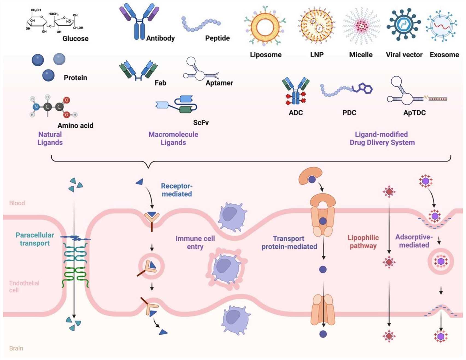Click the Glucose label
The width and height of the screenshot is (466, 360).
coord(75,39)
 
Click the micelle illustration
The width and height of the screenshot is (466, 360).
coord(361,26)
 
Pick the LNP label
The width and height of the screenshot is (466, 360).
coord(317,55)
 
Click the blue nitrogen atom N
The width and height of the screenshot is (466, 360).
coord(36,107)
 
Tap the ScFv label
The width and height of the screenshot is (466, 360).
coord(201,123)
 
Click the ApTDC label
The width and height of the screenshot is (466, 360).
coord(414,113)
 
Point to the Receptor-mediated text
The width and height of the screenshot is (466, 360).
coord(177,190)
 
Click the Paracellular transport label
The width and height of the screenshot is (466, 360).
coord(35,239)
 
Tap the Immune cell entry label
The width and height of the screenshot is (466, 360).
coord(195,242)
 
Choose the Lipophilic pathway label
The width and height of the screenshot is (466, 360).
coord(363,241)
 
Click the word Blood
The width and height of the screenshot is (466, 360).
coord(17,203)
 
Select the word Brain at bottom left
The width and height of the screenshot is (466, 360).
coord(16,348)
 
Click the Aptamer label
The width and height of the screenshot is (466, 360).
coord(219,83)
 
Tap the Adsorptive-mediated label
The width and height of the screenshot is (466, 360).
coord(414,241)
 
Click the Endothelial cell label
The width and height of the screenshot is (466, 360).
coord(24,287)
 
